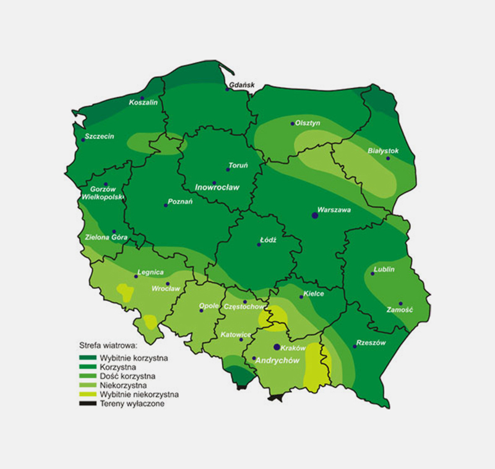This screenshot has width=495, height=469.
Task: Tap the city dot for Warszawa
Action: (x=315, y=215)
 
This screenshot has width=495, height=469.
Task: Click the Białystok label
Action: (x=384, y=150)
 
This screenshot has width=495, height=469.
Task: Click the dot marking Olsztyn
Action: (x=293, y=124)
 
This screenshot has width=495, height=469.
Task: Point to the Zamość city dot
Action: (x=401, y=304)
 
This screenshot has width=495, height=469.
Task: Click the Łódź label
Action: (x=267, y=238)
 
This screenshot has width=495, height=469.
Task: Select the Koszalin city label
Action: (x=144, y=103)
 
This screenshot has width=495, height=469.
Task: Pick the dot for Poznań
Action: (x=166, y=205)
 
